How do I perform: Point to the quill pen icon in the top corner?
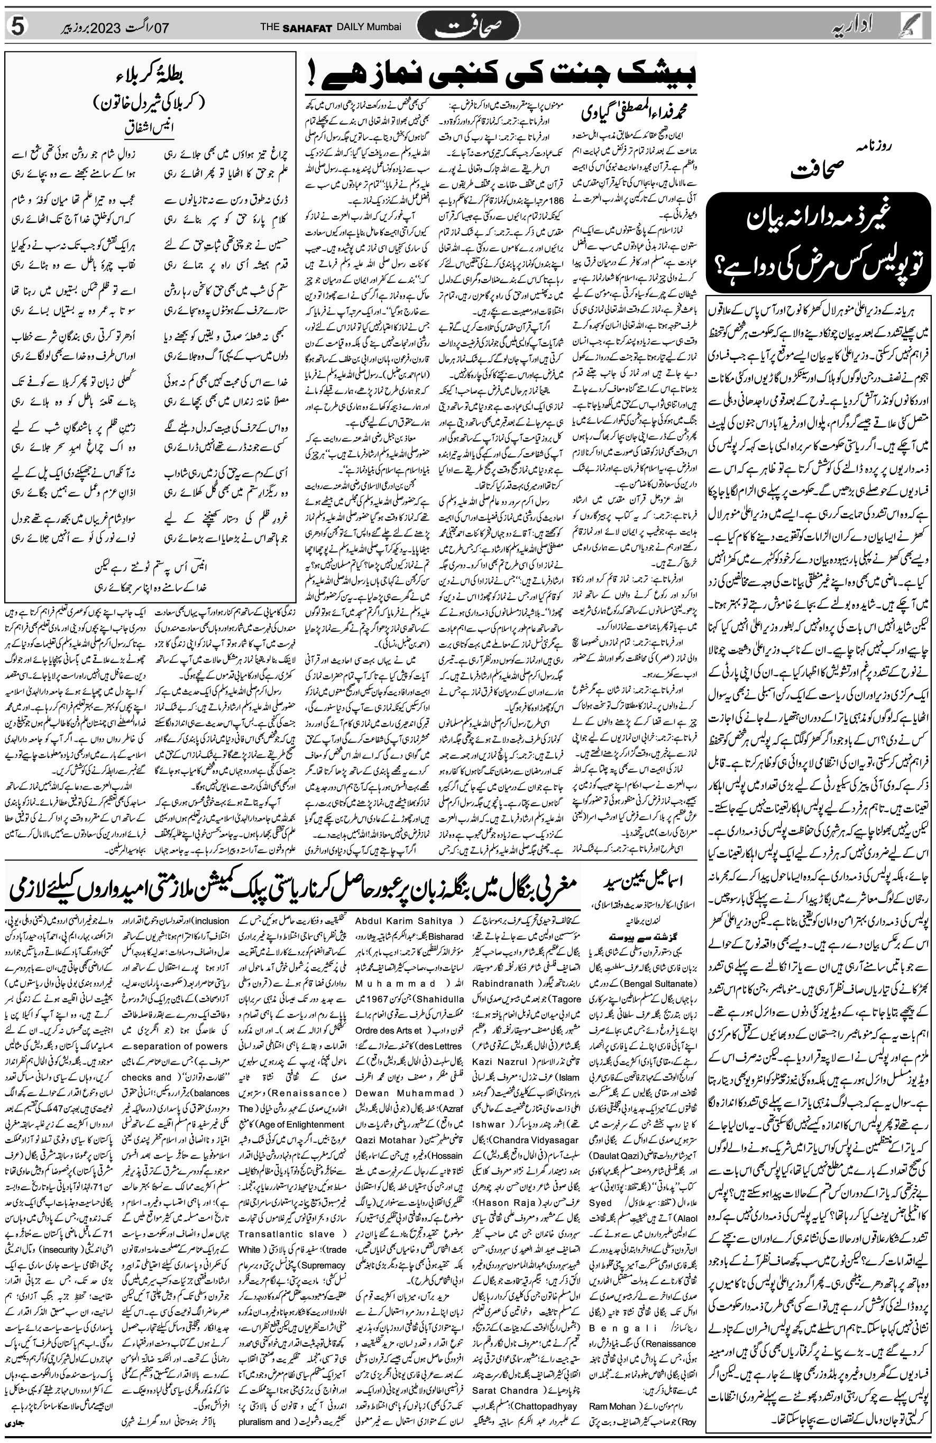920,25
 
